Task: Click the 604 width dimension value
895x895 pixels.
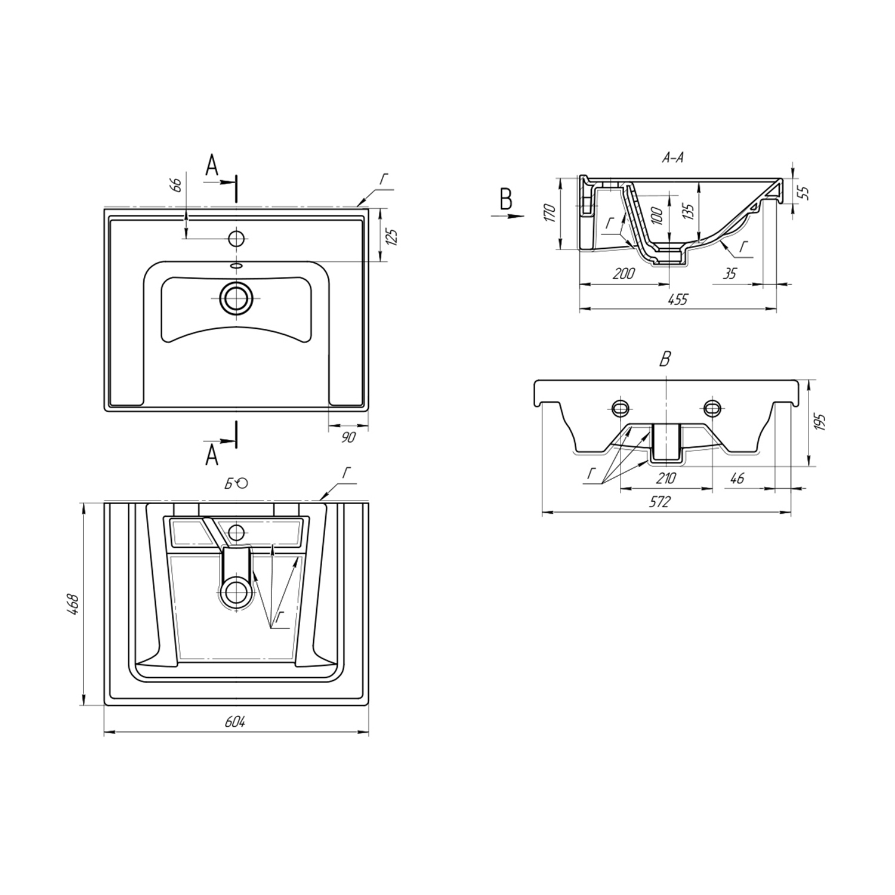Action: pos(235,721)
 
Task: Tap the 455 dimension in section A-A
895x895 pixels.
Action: pos(678,300)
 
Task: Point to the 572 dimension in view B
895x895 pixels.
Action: pos(659,502)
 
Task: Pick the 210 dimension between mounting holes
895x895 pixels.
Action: pos(666,479)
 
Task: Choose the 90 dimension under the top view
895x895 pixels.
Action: pos(348,437)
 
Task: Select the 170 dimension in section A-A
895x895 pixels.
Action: pos(550,213)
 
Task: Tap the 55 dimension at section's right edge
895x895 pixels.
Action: pos(803,193)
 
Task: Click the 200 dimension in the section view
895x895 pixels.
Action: pos(623,274)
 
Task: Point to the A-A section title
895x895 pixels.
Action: pos(672,158)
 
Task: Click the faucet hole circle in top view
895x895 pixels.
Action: pos(237,239)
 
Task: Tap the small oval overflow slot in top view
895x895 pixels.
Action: pos(237,266)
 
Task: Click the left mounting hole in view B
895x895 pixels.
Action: pos(621,408)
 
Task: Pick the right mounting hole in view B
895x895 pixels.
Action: pos(712,408)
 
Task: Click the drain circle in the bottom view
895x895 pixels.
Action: pos(237,592)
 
